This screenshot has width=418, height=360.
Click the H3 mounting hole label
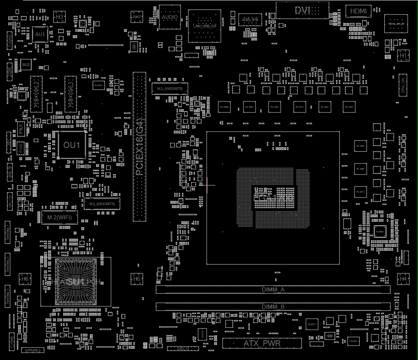tap(59, 17)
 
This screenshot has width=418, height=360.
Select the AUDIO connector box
tap(170, 17)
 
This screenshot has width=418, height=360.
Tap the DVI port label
tap(303, 11)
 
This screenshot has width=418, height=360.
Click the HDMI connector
tap(359, 11)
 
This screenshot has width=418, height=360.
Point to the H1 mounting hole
tap(404, 55)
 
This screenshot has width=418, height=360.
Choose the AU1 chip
tap(40, 35)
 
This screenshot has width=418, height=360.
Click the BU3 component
tap(26, 65)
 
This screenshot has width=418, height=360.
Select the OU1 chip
tap(72, 145)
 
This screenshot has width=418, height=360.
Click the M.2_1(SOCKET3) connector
tap(170, 89)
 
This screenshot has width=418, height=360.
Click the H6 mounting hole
tap(25, 279)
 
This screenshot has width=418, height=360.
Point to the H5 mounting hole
tap(137, 279)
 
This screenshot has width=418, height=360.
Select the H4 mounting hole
tap(404, 279)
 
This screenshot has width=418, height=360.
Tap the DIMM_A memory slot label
tap(273, 289)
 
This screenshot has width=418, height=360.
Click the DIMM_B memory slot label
tap(273, 306)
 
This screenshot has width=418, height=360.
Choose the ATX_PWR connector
tap(262, 343)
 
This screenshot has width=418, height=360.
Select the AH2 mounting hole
tap(137, 17)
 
